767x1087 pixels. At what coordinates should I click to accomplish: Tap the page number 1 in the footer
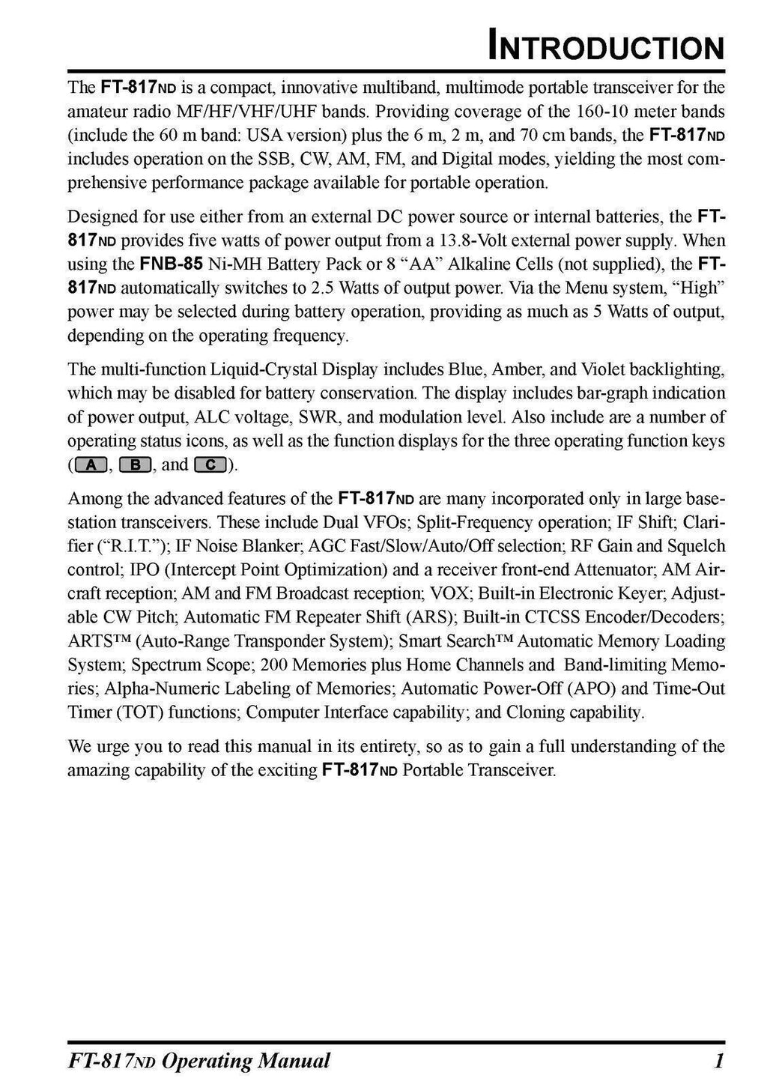718,1061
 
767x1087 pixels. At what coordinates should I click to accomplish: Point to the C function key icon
210,465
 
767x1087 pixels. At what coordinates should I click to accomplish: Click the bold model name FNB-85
168,264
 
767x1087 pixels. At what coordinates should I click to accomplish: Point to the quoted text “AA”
422,264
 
